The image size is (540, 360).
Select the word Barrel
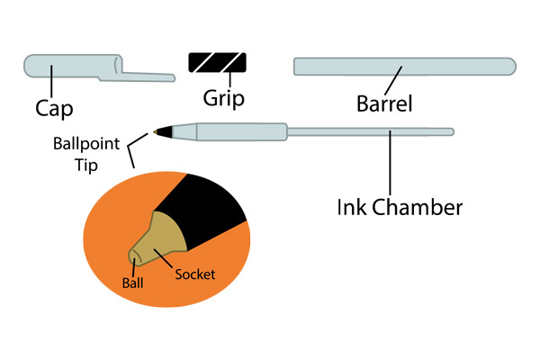click(x=384, y=104)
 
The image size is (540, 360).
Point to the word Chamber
click(x=419, y=207)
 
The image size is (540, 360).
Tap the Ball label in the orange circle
click(x=132, y=281)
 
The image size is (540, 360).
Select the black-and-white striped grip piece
click(x=217, y=63)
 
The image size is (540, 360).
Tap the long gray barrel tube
click(x=404, y=67)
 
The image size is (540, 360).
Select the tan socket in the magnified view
click(x=162, y=238)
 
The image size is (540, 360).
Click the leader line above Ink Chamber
click(x=391, y=166)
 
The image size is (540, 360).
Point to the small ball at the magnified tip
click(x=135, y=257)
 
